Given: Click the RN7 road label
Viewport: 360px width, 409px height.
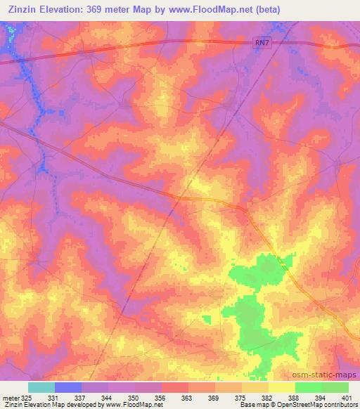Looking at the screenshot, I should pyautogui.click(x=262, y=44).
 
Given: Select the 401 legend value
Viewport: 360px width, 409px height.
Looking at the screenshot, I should pyautogui.click(x=347, y=396).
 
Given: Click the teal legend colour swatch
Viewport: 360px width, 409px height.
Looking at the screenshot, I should pyautogui.click(x=41, y=387).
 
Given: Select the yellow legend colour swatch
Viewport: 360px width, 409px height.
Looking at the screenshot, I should pyautogui.click(x=281, y=387).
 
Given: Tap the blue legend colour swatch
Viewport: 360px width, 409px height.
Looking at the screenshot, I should pyautogui.click(x=68, y=387).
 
